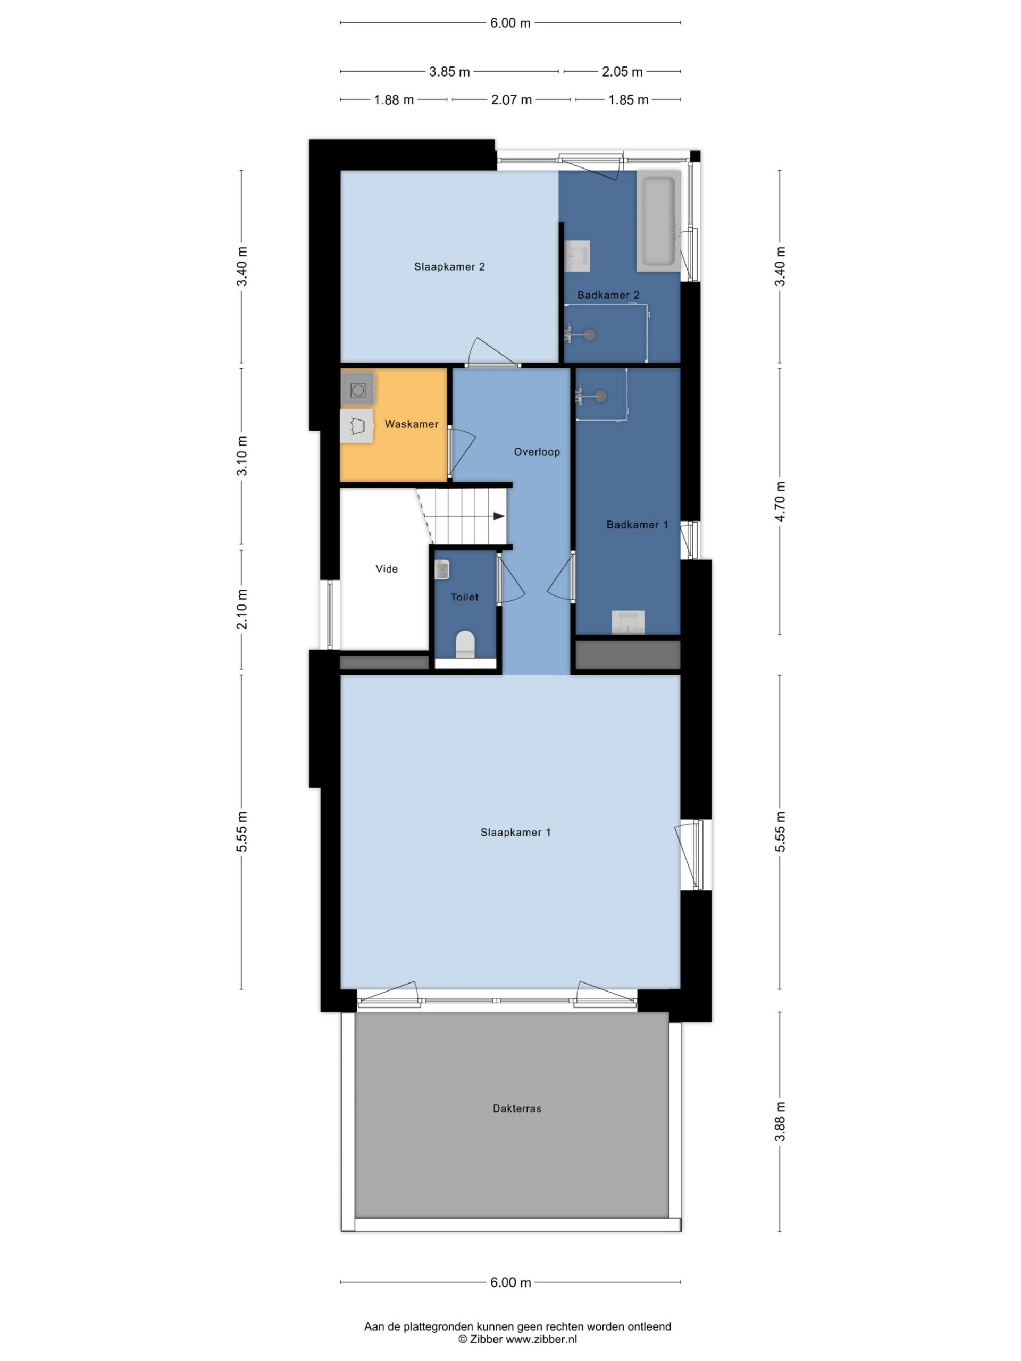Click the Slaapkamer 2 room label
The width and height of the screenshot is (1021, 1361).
[449, 266]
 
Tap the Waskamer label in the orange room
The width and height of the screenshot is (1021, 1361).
[411, 424]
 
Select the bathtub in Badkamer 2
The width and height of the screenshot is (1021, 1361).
[658, 221]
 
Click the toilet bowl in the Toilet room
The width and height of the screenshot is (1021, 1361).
[465, 644]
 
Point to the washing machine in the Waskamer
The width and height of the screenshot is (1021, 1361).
[357, 389]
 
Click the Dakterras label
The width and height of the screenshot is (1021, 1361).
[517, 1108]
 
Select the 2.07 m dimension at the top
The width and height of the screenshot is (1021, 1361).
[511, 99]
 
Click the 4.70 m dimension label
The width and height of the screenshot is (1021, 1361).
[780, 501]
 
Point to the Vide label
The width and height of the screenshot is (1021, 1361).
[387, 568]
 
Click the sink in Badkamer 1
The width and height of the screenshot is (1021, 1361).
[627, 622]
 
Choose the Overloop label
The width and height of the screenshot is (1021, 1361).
[537, 451]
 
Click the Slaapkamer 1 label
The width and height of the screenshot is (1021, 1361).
[515, 833]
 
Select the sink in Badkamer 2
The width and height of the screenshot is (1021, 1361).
[578, 256]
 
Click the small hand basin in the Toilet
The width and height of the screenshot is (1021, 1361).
[442, 569]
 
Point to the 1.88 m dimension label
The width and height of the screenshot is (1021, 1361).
[394, 99]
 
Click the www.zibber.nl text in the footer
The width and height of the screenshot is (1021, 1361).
[541, 1339]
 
